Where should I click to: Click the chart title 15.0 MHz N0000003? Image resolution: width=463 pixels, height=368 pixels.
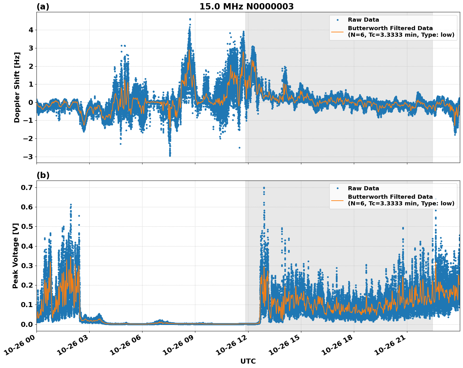[246, 7]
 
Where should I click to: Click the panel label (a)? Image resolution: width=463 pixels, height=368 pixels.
[43, 7]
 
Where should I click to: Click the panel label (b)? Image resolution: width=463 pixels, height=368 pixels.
[43, 175]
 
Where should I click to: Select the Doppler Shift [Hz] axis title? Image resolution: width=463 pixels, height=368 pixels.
[17, 87]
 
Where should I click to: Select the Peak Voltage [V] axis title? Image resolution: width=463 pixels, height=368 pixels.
[15, 256]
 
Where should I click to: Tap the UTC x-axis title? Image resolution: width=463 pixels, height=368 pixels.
[248, 361]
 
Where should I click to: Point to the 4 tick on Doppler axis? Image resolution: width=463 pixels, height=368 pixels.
[31, 30]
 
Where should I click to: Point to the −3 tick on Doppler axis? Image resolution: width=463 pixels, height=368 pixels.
[29, 157]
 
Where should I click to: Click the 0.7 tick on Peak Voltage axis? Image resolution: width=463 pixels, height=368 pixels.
[28, 187]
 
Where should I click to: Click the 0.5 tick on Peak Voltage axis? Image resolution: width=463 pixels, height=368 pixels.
[28, 226]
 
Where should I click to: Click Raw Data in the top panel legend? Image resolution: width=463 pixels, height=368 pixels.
[363, 20]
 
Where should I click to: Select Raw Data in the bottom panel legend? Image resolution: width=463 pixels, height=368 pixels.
[363, 188]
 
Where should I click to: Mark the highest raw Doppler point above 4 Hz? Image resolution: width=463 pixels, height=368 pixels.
[190, 19]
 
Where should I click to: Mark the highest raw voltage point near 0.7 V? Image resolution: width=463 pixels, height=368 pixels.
[264, 188]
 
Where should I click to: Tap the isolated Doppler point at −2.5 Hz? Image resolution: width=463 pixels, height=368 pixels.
[239, 148]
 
